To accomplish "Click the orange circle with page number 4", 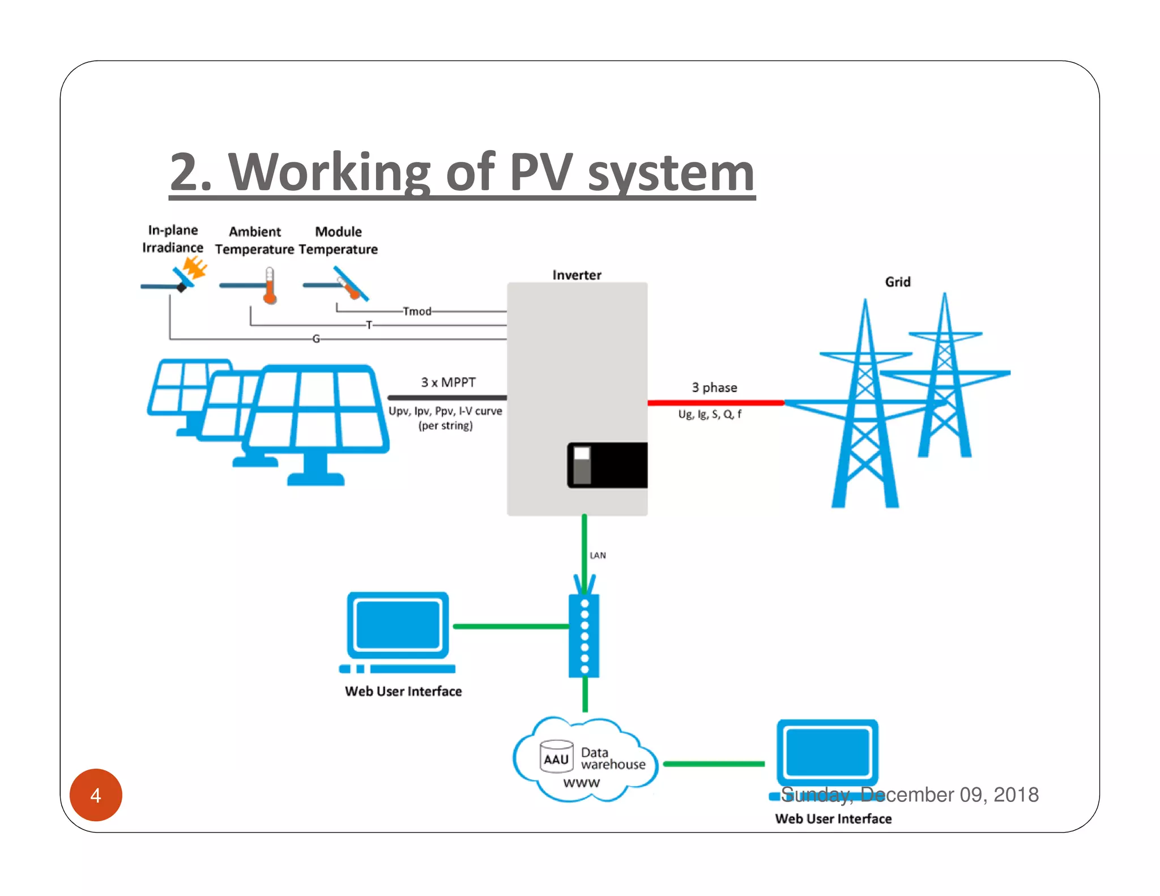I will point(96,795).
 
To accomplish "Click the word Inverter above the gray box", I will point(577,275).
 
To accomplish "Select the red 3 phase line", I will point(715,403).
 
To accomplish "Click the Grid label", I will point(898,282).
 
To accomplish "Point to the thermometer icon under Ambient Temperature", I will point(270,285).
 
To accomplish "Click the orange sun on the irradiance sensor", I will point(195,267).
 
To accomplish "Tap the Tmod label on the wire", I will point(417,312).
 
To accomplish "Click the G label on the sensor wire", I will point(316,339).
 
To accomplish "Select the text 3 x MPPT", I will point(448,382).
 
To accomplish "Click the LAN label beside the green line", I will point(598,556).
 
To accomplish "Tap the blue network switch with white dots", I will point(584,635).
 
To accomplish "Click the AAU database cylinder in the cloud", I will point(556,757).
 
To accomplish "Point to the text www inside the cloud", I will point(581,783).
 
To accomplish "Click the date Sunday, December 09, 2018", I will point(910,795).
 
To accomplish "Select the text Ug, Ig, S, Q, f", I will point(710,415).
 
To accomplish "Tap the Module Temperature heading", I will point(338,240).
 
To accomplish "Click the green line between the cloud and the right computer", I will point(714,764).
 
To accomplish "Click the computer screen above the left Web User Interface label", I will point(398,625).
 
